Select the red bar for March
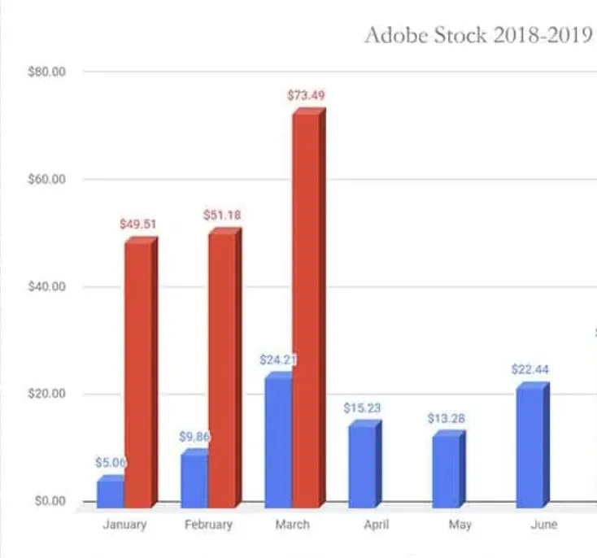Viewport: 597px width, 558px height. click(306, 309)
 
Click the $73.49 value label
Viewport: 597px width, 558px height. click(306, 95)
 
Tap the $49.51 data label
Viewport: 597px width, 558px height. click(138, 224)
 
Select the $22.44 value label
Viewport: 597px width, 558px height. click(530, 368)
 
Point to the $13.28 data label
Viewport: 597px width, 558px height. click(447, 419)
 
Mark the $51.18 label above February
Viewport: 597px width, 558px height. click(222, 216)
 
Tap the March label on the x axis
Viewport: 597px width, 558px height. click(292, 525)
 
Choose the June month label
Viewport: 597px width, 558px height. click(543, 525)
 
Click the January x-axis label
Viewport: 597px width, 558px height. click(124, 525)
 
